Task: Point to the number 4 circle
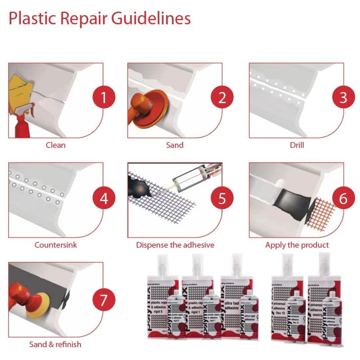point(103,198)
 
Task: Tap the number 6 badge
point(343,198)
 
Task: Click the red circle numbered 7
point(103,299)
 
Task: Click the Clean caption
point(56,145)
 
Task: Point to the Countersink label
point(56,245)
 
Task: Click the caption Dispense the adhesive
point(175,245)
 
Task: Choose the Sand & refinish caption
point(55,345)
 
